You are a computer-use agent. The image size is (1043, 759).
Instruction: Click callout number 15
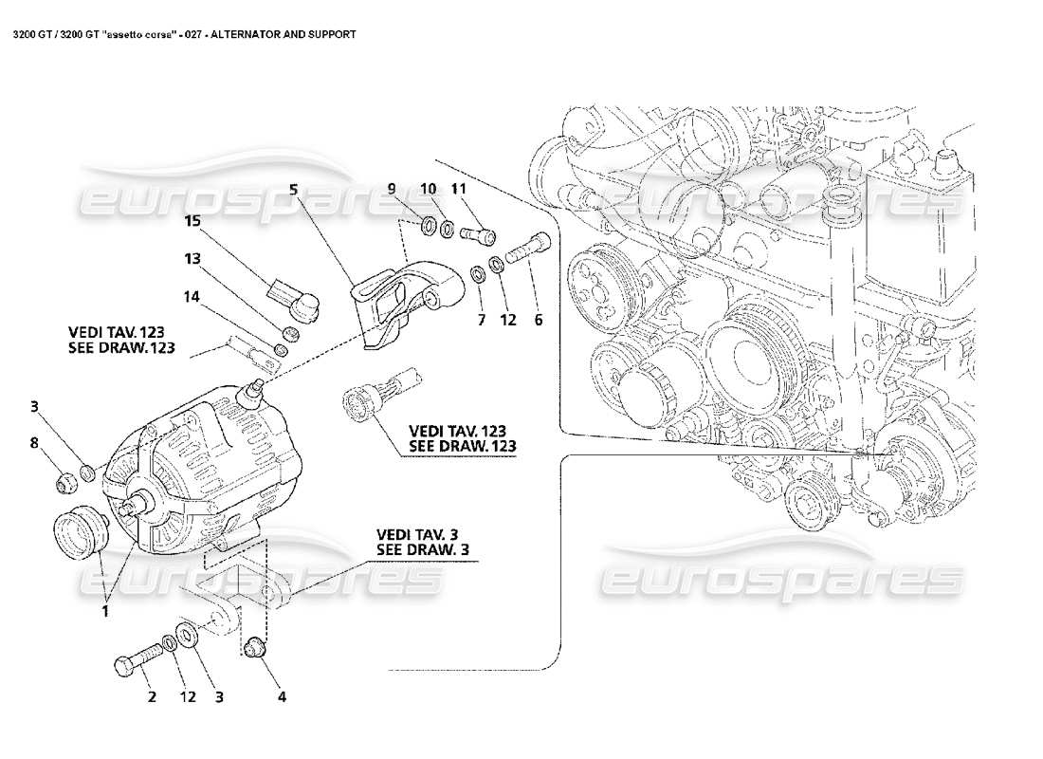pyautogui.click(x=192, y=221)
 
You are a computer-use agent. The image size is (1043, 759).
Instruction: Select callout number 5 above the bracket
pyautogui.click(x=294, y=189)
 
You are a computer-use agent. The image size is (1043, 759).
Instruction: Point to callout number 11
pyautogui.click(x=460, y=189)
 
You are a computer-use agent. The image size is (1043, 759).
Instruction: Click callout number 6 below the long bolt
pyautogui.click(x=538, y=320)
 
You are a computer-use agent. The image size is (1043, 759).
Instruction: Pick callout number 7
pyautogui.click(x=481, y=320)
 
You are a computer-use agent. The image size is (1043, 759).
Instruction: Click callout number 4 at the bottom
pyautogui.click(x=281, y=696)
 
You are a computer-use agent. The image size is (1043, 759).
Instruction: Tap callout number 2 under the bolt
pyautogui.click(x=150, y=696)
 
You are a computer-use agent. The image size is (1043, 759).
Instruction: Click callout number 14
pyautogui.click(x=192, y=296)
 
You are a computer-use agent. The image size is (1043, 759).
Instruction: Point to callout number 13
pyautogui.click(x=192, y=258)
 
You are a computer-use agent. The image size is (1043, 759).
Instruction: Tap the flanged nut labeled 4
pyautogui.click(x=253, y=650)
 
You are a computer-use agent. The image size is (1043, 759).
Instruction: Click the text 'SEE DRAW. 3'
pyautogui.click(x=423, y=548)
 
